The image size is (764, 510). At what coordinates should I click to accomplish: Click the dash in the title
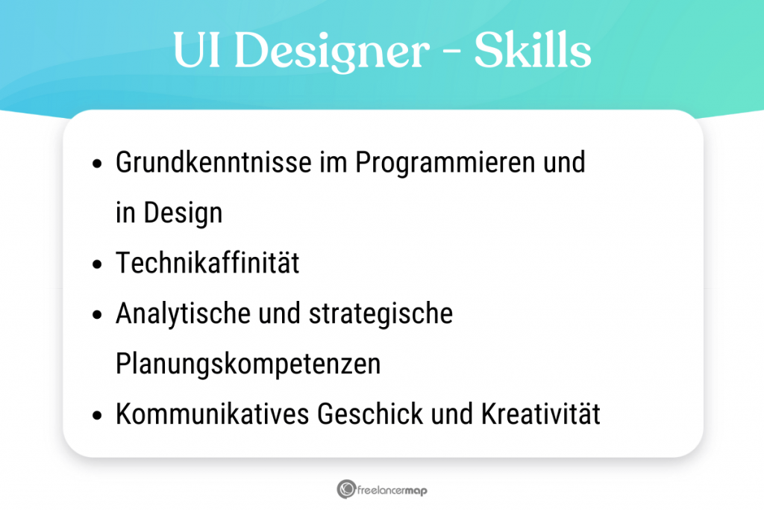click(451, 54)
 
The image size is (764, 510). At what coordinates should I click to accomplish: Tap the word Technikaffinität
click(207, 264)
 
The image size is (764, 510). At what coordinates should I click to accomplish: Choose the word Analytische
click(182, 314)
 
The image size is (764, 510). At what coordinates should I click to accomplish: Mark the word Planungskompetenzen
click(248, 364)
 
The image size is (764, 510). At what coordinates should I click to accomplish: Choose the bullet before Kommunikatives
click(96, 416)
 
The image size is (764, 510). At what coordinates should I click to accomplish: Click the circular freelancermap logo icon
click(346, 490)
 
